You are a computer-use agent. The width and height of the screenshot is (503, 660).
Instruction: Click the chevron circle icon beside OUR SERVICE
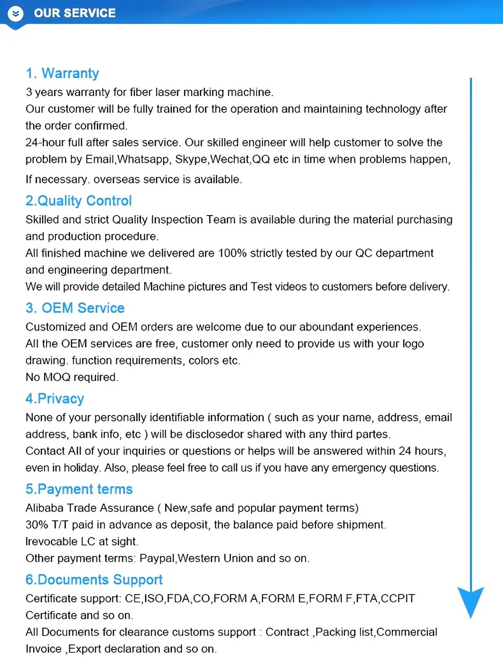click(16, 14)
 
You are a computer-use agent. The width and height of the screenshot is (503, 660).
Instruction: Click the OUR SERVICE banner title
click(75, 13)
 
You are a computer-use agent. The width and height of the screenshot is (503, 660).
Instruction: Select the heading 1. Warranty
click(62, 74)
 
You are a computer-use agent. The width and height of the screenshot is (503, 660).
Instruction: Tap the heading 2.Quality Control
click(78, 201)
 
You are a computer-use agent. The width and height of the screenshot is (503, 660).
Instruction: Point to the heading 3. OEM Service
click(75, 308)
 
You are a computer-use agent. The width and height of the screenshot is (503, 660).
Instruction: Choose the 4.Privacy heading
click(55, 399)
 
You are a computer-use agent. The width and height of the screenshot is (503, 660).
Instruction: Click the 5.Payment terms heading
click(79, 490)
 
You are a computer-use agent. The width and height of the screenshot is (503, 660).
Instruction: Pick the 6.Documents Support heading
click(94, 580)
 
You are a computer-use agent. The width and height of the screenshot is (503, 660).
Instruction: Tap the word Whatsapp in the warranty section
click(143, 160)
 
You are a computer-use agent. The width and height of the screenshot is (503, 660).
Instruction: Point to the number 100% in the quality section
click(232, 253)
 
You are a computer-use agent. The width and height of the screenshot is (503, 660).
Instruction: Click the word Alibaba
click(45, 508)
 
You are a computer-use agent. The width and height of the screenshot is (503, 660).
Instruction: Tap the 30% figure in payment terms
click(37, 525)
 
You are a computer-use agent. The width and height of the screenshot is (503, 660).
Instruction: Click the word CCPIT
click(398, 598)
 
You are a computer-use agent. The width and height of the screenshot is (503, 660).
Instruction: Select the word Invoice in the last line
click(44, 649)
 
